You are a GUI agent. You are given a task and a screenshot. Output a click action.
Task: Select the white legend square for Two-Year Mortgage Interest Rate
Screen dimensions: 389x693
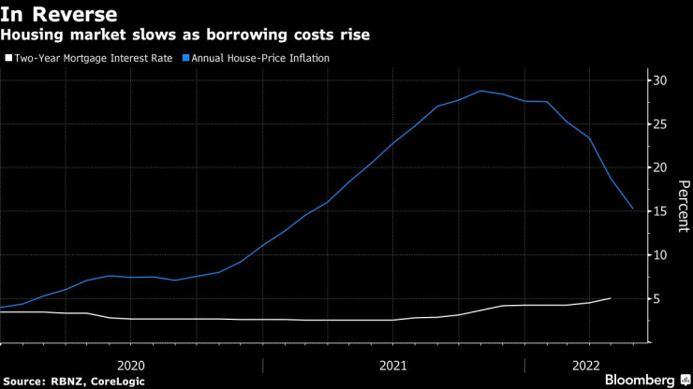(x=7, y=58)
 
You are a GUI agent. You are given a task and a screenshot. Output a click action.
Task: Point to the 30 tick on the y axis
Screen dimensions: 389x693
(x=660, y=80)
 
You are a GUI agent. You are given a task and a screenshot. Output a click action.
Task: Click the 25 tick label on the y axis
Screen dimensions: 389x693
(x=660, y=124)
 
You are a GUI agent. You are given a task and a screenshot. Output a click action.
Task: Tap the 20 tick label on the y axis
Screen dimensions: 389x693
(x=660, y=167)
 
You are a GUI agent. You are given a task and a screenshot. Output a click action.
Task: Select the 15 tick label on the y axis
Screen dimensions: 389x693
(x=660, y=211)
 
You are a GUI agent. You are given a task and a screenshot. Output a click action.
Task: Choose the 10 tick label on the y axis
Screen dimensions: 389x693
(x=660, y=254)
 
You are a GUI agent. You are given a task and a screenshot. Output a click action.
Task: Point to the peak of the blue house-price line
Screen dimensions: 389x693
(x=481, y=91)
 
